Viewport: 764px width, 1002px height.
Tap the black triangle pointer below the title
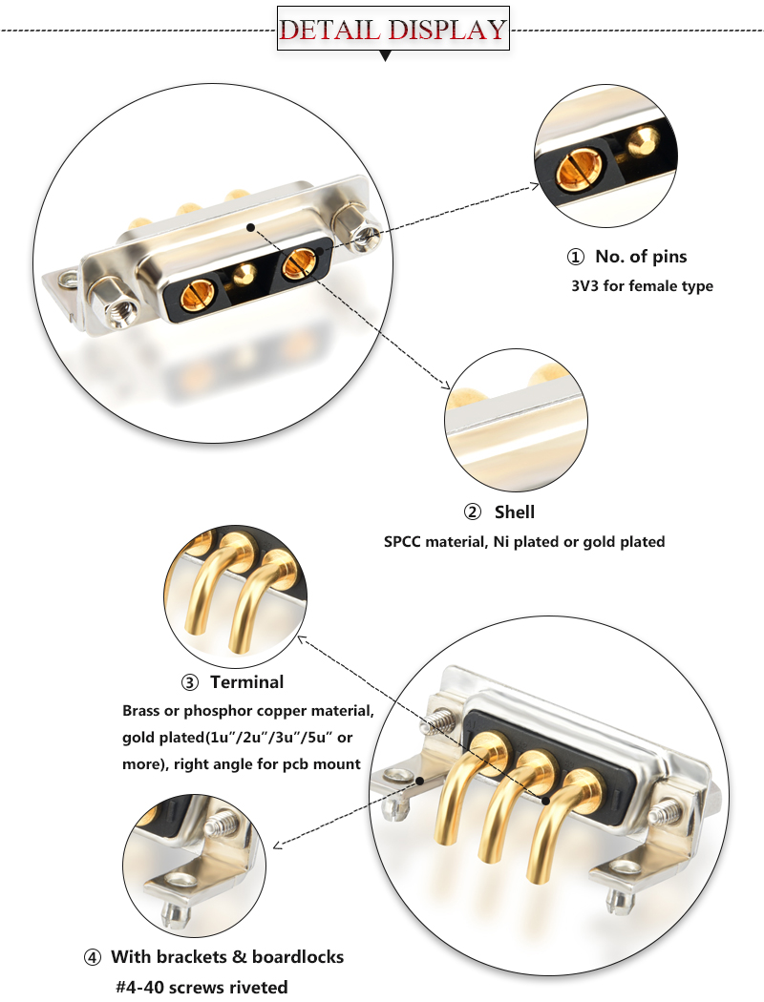(385, 56)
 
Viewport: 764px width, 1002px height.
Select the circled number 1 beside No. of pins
(575, 257)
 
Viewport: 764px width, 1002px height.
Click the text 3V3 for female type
(641, 285)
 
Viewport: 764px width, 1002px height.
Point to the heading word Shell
(514, 512)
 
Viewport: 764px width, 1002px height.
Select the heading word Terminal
(246, 682)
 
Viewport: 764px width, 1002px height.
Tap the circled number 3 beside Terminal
(189, 682)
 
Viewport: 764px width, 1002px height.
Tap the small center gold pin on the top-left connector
(245, 275)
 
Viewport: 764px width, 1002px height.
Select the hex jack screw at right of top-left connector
(363, 235)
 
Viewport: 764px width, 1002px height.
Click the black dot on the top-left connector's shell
(250, 228)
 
